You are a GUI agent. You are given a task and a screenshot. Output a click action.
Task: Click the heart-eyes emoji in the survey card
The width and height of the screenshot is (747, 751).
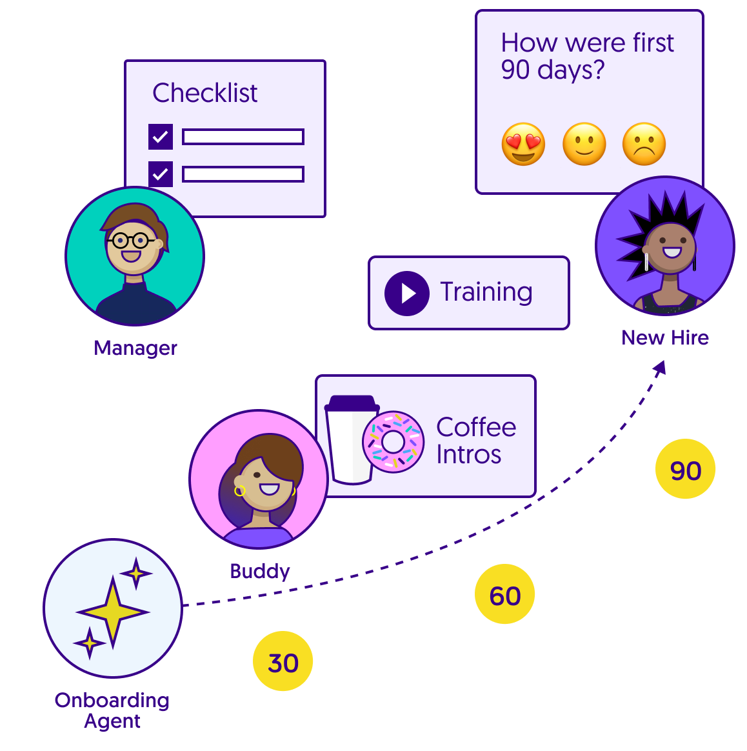coord(523,144)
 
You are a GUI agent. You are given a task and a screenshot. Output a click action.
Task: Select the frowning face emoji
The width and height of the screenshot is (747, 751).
coord(644,144)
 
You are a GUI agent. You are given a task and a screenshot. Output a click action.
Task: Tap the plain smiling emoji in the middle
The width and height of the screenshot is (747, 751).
coord(584,144)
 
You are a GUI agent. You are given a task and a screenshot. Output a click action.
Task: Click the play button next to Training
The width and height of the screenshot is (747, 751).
coord(407,294)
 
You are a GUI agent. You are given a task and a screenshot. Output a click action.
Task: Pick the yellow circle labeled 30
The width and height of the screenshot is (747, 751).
coord(283,661)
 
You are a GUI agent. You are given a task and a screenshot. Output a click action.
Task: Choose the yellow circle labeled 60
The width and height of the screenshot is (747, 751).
coord(504,594)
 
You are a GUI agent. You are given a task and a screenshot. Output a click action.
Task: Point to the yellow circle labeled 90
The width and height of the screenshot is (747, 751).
coord(685,469)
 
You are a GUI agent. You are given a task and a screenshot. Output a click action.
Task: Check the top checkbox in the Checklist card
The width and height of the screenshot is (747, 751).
coord(161,137)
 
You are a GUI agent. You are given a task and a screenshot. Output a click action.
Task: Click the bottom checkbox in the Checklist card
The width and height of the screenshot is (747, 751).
coord(161,174)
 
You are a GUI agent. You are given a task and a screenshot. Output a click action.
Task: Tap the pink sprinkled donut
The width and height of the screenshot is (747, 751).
coord(393,442)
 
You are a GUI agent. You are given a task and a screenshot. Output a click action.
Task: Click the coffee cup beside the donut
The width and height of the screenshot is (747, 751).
coord(350,440)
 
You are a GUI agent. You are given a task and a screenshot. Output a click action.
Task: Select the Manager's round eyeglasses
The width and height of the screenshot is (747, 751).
coord(131,241)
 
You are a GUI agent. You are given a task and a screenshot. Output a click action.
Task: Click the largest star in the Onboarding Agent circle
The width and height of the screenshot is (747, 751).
coord(113,612)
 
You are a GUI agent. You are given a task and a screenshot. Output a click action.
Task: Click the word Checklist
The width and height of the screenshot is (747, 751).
coord(204,93)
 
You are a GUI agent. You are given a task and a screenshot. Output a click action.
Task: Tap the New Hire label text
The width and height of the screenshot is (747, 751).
coord(664,337)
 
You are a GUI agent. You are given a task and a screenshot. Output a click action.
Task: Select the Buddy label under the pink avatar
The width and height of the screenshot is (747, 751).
coord(259,571)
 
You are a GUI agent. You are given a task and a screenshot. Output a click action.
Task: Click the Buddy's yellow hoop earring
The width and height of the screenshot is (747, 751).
coord(240,491)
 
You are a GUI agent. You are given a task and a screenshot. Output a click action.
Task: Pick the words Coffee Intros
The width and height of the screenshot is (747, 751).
coord(475,441)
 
